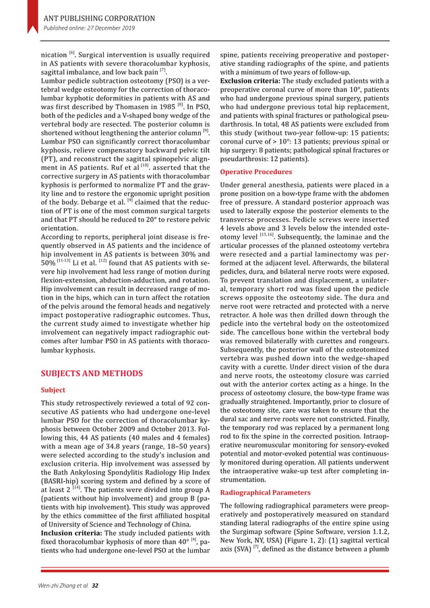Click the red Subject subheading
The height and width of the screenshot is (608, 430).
(x=53, y=390)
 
